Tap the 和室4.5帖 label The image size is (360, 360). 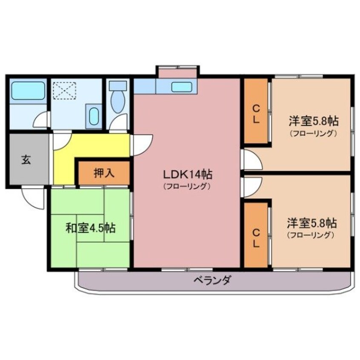90,228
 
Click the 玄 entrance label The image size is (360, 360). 26,160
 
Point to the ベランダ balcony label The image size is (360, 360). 212,280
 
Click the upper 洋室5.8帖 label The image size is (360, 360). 314,121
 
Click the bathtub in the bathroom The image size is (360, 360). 28,91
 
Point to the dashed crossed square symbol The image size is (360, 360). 63,91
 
